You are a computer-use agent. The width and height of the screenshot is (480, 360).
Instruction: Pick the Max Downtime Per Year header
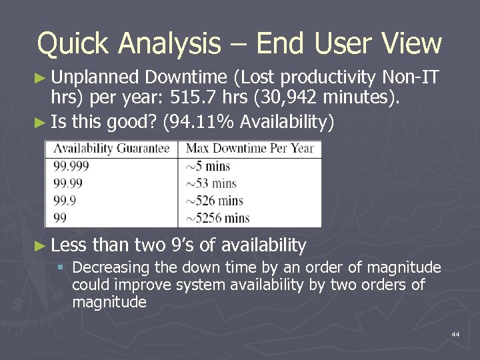click(x=249, y=149)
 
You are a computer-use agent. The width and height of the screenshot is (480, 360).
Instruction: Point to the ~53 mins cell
click(x=211, y=183)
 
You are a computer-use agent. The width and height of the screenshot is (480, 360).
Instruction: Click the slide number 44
click(x=455, y=333)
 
